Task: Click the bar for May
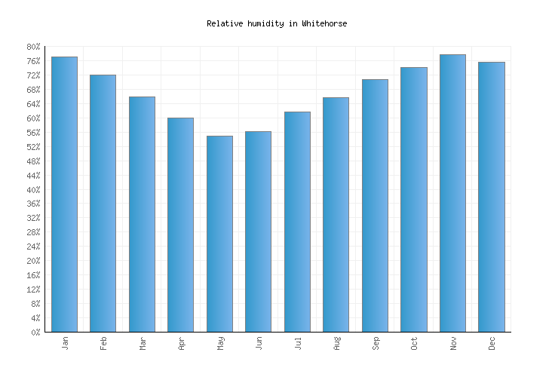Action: pyautogui.click(x=219, y=234)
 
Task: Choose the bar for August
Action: pyautogui.click(x=336, y=215)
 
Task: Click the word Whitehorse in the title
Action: pyautogui.click(x=324, y=23)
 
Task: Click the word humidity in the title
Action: pyautogui.click(x=266, y=23)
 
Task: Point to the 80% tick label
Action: pyautogui.click(x=33, y=47)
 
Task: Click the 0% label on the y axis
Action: pyautogui.click(x=35, y=333)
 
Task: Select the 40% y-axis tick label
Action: pyautogui.click(x=33, y=190)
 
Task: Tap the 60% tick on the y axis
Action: pyautogui.click(x=33, y=118)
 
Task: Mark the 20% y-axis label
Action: pyautogui.click(x=33, y=261)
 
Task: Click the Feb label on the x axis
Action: pyautogui.click(x=103, y=344)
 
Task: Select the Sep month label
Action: pyautogui.click(x=376, y=344)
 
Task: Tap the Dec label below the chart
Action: pyautogui.click(x=492, y=344)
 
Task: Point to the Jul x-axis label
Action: pyautogui.click(x=298, y=344)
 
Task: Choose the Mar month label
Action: pyautogui.click(x=143, y=344)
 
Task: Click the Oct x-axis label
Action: pyautogui.click(x=414, y=344)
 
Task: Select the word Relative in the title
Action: pyautogui.click(x=225, y=23)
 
